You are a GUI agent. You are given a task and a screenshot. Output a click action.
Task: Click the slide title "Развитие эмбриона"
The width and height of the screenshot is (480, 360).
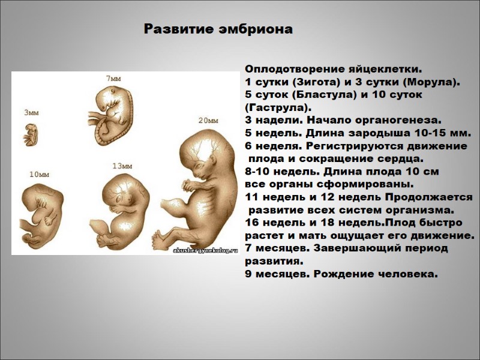click(x=218, y=29)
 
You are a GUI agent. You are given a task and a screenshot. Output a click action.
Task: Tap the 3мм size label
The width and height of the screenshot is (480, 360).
click(x=31, y=112)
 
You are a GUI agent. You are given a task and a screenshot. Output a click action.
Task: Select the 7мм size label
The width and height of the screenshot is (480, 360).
click(x=113, y=78)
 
